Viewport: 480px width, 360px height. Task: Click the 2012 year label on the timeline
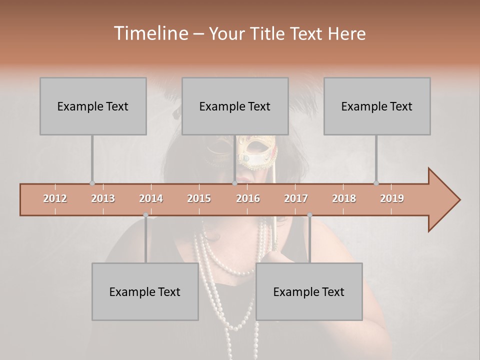(55, 198)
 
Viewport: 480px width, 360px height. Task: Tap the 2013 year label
(103, 198)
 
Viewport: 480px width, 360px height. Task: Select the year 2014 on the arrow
(151, 198)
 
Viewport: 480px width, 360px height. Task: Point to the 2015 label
(199, 198)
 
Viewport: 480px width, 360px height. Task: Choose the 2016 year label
(248, 198)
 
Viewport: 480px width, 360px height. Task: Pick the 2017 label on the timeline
(296, 198)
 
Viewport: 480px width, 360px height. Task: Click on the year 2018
(344, 198)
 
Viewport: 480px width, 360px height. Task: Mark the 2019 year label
(392, 198)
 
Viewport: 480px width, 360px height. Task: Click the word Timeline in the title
(150, 33)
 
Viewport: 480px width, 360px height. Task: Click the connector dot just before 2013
(92, 183)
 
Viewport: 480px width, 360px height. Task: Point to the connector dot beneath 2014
(145, 215)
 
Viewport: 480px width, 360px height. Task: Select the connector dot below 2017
(309, 215)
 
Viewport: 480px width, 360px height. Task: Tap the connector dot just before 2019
(376, 183)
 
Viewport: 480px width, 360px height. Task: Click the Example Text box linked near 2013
(93, 106)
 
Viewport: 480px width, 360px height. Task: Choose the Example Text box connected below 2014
(145, 291)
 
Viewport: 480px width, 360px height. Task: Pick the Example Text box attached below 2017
(309, 291)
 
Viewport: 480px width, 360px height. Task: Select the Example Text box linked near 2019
(377, 106)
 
